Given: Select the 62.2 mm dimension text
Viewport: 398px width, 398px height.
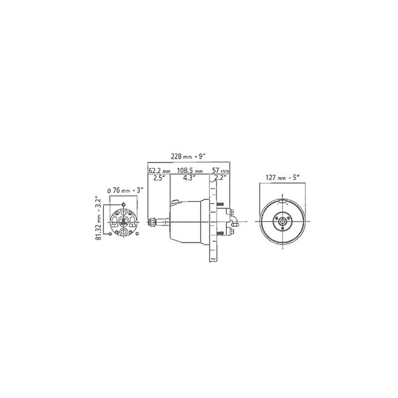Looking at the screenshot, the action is [x=159, y=171].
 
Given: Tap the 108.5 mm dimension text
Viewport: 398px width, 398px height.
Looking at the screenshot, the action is [x=190, y=171].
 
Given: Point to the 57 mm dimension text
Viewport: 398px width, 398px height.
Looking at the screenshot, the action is [x=220, y=171].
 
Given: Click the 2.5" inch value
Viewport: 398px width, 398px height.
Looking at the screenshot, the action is [x=159, y=178].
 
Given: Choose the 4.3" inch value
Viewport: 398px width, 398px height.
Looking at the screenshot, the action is [x=189, y=178].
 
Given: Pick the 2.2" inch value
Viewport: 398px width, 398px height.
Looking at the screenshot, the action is [x=220, y=178].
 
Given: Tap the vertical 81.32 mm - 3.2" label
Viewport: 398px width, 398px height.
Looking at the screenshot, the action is [x=99, y=218].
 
